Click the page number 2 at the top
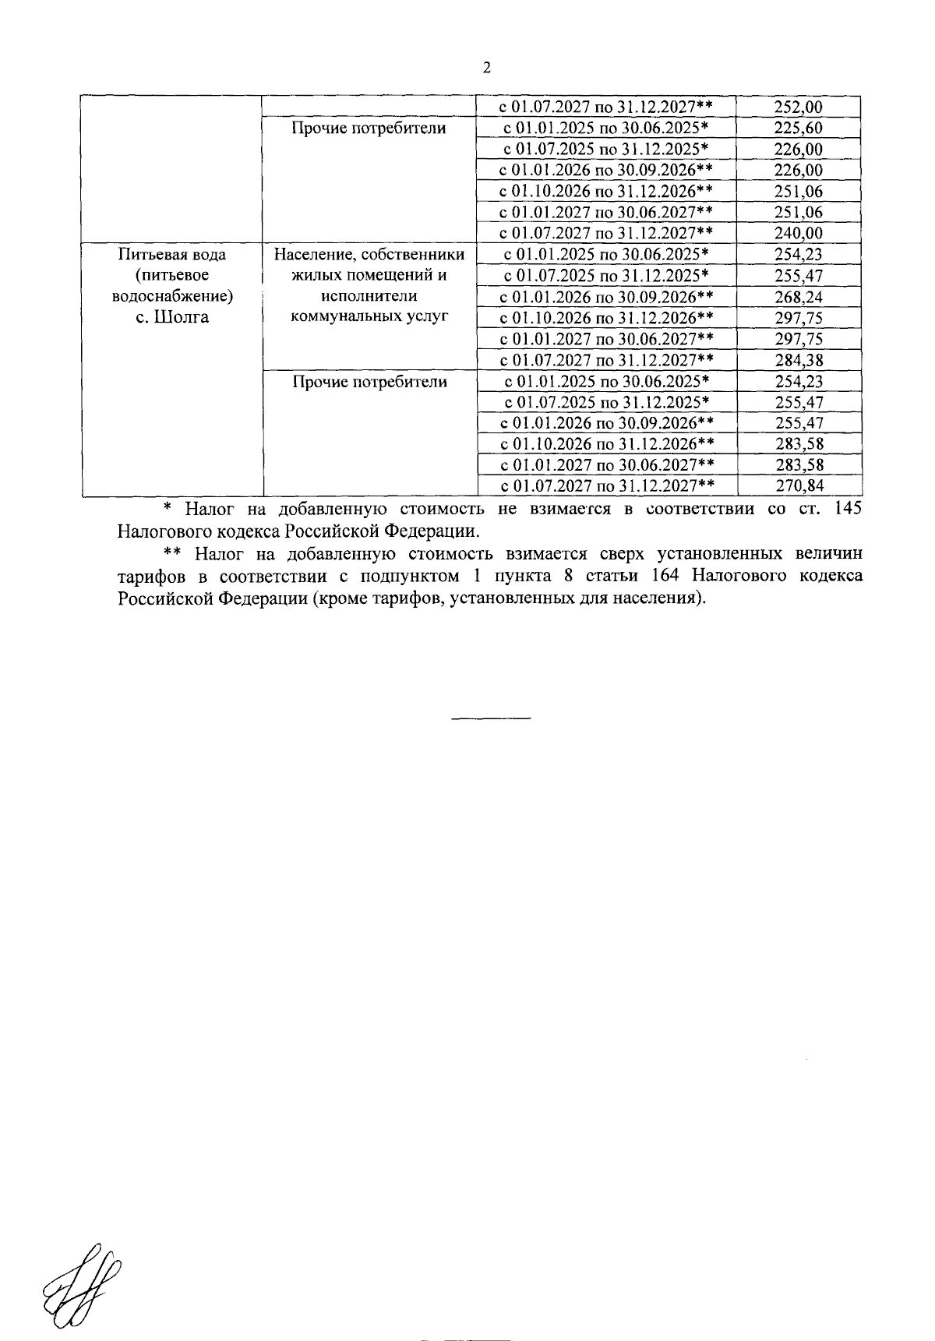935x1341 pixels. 487,68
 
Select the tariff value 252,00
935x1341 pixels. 799,107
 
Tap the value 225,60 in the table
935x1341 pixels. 799,128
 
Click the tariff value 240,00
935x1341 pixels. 799,233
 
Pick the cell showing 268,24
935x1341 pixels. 799,297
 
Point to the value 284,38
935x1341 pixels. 799,360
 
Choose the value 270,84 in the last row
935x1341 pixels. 799,486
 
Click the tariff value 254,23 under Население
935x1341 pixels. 799,254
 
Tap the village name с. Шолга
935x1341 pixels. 172,318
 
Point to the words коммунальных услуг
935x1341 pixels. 369,317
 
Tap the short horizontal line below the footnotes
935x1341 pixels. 491,717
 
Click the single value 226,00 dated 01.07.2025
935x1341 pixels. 799,149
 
